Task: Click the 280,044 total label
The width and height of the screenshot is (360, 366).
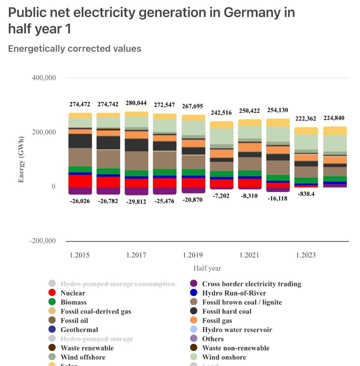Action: click(136, 103)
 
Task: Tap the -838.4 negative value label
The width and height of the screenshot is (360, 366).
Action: click(306, 194)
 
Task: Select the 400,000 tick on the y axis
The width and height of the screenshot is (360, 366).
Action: click(44, 78)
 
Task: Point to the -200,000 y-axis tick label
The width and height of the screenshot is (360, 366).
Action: click(43, 241)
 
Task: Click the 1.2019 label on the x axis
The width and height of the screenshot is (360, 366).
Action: click(193, 255)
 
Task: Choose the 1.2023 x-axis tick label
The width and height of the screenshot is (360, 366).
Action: click(306, 255)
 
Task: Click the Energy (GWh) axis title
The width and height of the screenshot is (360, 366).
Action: click(21, 159)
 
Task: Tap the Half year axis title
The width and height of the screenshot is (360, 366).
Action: click(207, 268)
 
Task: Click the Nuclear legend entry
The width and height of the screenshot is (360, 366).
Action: click(73, 293)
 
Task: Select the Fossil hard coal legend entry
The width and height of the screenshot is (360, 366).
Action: click(226, 311)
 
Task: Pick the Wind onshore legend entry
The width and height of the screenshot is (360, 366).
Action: click(224, 357)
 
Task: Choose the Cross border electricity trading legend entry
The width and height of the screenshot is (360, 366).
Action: click(251, 284)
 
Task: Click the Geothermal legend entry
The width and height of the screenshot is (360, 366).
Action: click(79, 330)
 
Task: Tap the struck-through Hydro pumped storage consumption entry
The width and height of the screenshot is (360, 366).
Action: click(118, 284)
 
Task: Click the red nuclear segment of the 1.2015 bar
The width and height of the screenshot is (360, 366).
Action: click(80, 181)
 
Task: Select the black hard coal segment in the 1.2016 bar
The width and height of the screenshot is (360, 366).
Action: click(108, 142)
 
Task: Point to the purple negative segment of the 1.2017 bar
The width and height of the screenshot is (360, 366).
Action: click(136, 191)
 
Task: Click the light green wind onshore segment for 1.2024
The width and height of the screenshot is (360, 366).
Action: click(335, 143)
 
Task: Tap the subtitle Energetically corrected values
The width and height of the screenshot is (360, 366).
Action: click(75, 49)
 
